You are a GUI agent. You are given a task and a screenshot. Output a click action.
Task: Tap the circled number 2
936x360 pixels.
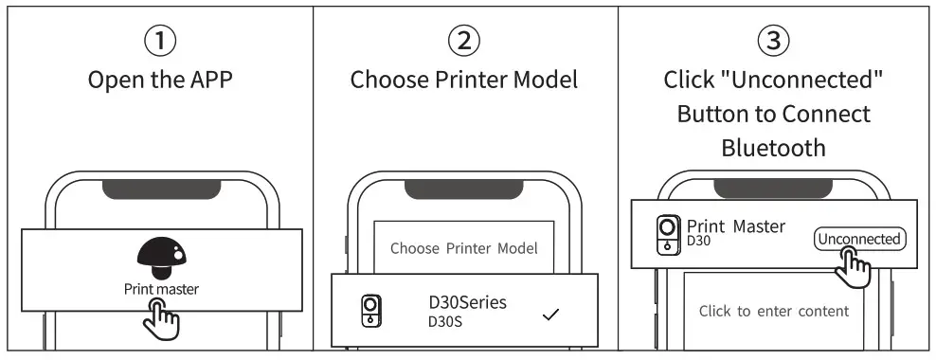coord(464,41)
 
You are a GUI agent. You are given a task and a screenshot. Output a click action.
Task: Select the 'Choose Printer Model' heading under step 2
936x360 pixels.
coord(464,80)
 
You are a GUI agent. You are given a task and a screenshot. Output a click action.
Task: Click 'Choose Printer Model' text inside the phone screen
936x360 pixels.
coord(464,248)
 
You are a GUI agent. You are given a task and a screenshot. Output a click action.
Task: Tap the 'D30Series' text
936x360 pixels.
coord(468,302)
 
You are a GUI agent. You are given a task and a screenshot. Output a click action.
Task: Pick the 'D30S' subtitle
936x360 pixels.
coord(446,322)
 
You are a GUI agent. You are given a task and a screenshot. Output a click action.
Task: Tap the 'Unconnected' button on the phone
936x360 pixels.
coord(858,239)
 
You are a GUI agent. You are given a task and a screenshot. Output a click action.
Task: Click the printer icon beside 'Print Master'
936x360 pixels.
coord(668,234)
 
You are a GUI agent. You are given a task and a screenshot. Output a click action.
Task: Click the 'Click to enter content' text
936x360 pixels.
coord(774,311)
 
